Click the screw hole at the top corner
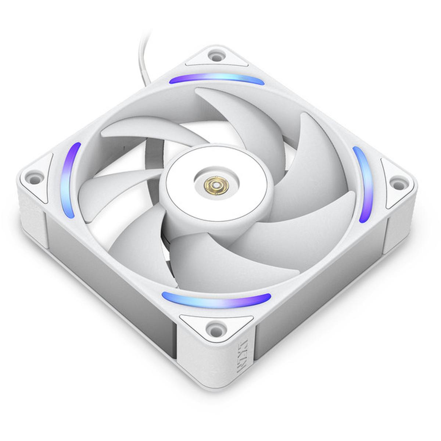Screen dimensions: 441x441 [x=216, y=56]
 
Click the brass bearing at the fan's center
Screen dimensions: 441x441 [x=215, y=183]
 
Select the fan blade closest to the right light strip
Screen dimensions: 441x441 [x=316, y=162]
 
